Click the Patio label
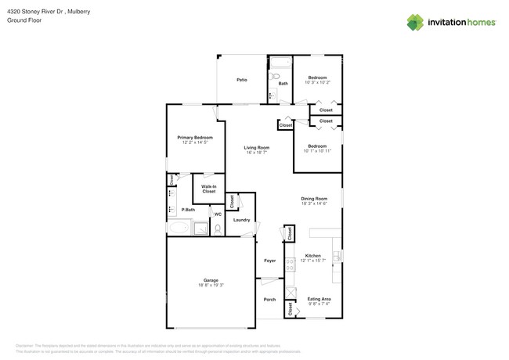pos(242,80)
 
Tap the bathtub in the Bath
pos(280,64)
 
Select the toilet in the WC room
pos(218,229)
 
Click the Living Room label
pos(256,147)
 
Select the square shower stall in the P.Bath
pos(200,229)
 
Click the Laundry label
pos(242,220)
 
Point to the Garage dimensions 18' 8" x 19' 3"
pos(211,285)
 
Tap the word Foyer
pos(269,261)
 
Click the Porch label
pos(269,300)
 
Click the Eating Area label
pos(318,298)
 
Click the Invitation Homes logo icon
pos(415,23)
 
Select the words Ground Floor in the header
pos(23,20)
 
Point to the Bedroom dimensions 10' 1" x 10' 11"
pos(317,150)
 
